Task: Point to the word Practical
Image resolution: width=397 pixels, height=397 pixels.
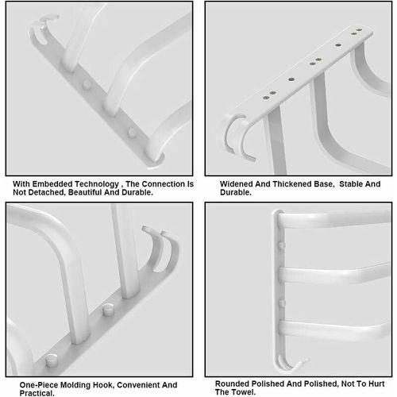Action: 37,393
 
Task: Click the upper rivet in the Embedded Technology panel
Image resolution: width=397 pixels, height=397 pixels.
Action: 87,85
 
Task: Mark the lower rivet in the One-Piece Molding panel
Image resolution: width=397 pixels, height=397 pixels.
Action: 52,360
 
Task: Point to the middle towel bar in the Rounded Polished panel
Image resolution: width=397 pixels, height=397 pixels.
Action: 333,276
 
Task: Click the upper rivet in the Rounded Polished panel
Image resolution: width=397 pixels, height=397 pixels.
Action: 281,245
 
